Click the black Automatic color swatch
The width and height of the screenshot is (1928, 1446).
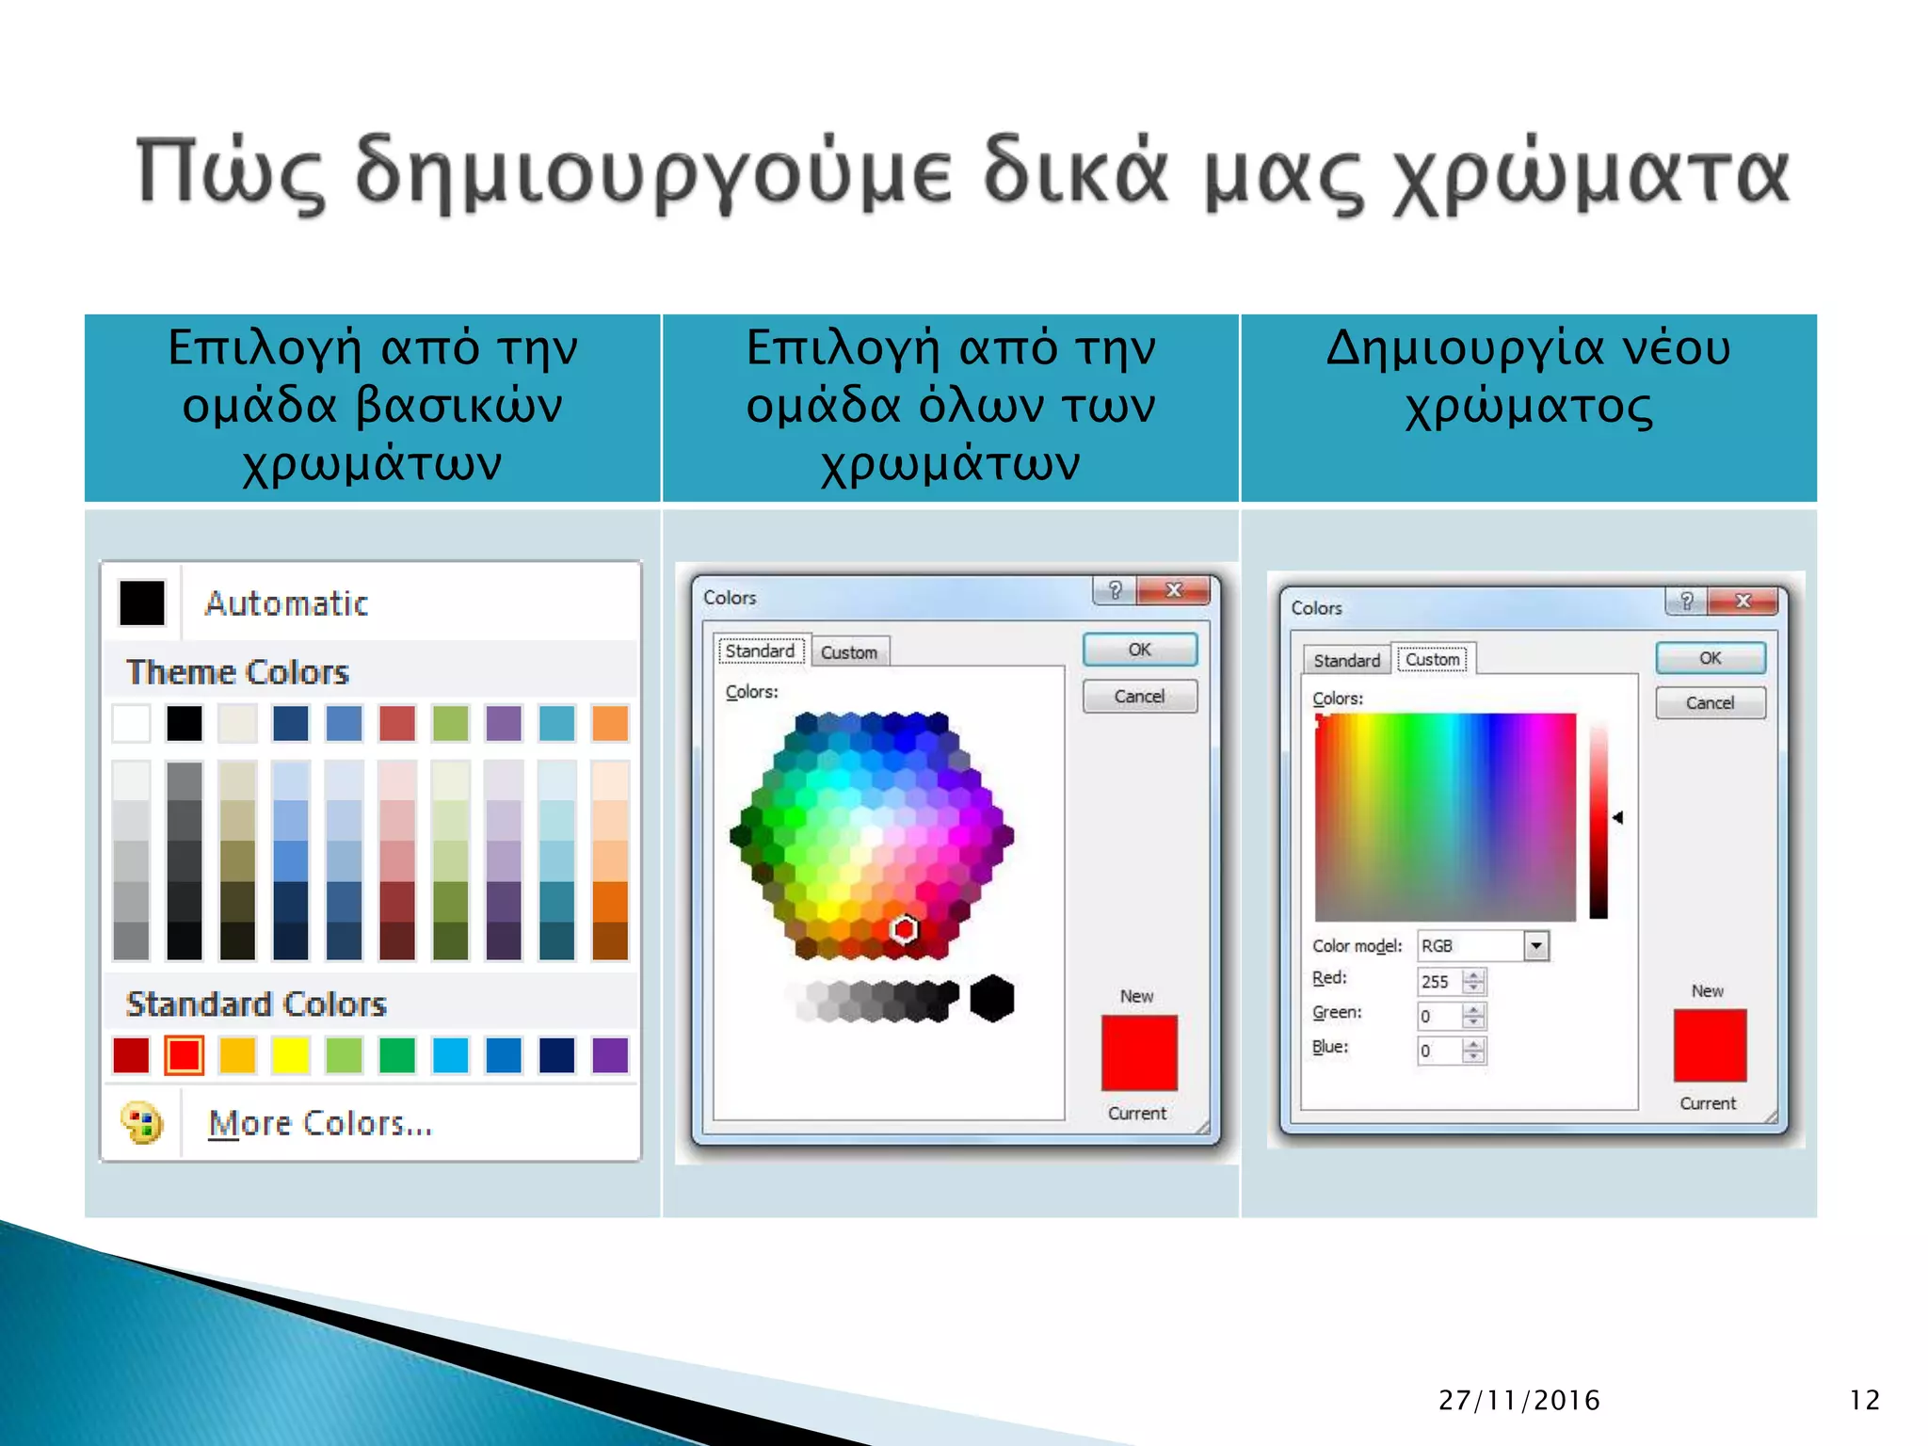pyautogui.click(x=142, y=602)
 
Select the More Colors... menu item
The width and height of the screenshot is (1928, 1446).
pyautogui.click(x=319, y=1123)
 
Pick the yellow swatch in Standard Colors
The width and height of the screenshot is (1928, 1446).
pyautogui.click(x=291, y=1055)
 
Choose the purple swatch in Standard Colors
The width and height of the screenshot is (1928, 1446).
pyautogui.click(x=610, y=1055)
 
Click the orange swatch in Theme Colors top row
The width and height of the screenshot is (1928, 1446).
pyautogui.click(x=610, y=724)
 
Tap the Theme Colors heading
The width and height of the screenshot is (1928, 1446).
pyautogui.click(x=237, y=672)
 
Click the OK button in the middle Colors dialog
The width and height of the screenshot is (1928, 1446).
pyautogui.click(x=1139, y=650)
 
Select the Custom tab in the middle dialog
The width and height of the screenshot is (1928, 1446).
pyautogui.click(x=848, y=652)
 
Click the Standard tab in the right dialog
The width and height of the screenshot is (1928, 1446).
pyautogui.click(x=1346, y=661)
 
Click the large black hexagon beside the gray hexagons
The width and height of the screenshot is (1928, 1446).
pyautogui.click(x=992, y=998)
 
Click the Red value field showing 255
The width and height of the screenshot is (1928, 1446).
pyautogui.click(x=1439, y=982)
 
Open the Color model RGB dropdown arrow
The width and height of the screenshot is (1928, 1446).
pyautogui.click(x=1535, y=945)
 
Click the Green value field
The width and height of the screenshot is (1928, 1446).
pyautogui.click(x=1439, y=1017)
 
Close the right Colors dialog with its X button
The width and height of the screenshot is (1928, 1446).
pyautogui.click(x=1743, y=601)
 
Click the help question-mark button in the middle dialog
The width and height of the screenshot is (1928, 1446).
pyautogui.click(x=1116, y=590)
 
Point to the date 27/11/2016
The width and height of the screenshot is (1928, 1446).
pyautogui.click(x=1518, y=1400)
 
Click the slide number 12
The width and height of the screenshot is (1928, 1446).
pyautogui.click(x=1864, y=1400)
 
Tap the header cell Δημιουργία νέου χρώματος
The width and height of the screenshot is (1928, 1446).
pyautogui.click(x=1528, y=407)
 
